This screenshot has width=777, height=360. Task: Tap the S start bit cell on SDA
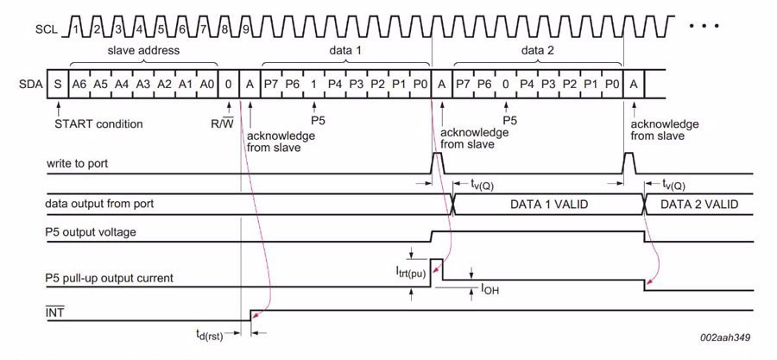tap(58, 83)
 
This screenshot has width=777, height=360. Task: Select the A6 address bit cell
tap(79, 83)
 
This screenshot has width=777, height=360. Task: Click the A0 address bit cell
tap(206, 83)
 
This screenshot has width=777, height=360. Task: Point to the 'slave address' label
tap(143, 51)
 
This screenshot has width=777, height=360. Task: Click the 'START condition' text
tap(98, 123)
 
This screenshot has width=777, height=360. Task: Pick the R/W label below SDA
tap(223, 123)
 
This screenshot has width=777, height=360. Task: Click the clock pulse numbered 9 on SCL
tap(246, 28)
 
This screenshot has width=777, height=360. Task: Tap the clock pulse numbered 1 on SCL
tap(78, 28)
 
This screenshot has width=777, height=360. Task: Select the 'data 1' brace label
tap(345, 51)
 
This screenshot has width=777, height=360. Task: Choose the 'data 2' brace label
tap(537, 51)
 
